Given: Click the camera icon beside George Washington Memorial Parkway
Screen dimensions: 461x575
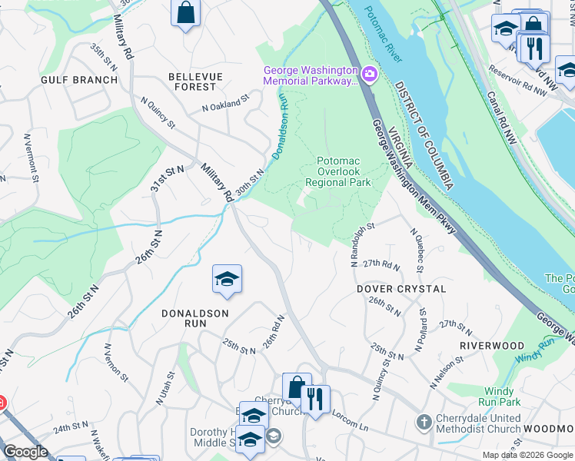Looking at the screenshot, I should click(x=370, y=74).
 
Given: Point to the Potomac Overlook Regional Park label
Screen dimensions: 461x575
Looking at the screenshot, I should click(x=338, y=171).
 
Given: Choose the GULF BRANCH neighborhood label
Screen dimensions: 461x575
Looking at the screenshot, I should click(x=79, y=80).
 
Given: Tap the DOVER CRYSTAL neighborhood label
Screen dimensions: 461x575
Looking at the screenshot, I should click(x=401, y=289).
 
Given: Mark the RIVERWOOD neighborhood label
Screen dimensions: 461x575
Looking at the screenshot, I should click(x=492, y=346).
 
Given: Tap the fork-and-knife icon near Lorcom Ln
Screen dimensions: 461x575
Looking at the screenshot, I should click(x=316, y=399).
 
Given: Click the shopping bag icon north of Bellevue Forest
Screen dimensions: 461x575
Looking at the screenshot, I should click(x=185, y=13).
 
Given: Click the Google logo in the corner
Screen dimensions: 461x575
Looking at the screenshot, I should click(x=25, y=452).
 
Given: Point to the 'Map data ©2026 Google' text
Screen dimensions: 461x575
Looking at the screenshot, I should click(x=527, y=455).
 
